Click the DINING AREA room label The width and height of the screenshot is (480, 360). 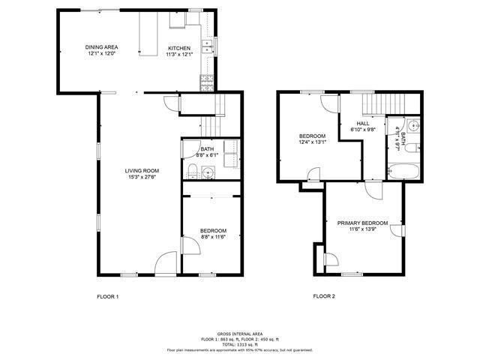click(x=101, y=47)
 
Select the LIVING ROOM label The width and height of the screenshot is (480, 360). click(x=141, y=170)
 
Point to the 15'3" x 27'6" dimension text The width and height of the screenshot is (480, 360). click(x=141, y=178)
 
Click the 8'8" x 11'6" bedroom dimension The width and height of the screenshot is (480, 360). click(x=213, y=237)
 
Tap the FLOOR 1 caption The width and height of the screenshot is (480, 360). click(x=107, y=297)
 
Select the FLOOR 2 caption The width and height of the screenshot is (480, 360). click(x=324, y=297)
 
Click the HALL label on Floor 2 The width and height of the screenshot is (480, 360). click(x=363, y=124)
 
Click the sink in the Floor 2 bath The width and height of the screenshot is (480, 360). click(x=414, y=125)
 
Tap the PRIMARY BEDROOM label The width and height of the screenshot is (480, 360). click(x=362, y=223)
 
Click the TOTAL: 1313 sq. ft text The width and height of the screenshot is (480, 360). click(x=239, y=343)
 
